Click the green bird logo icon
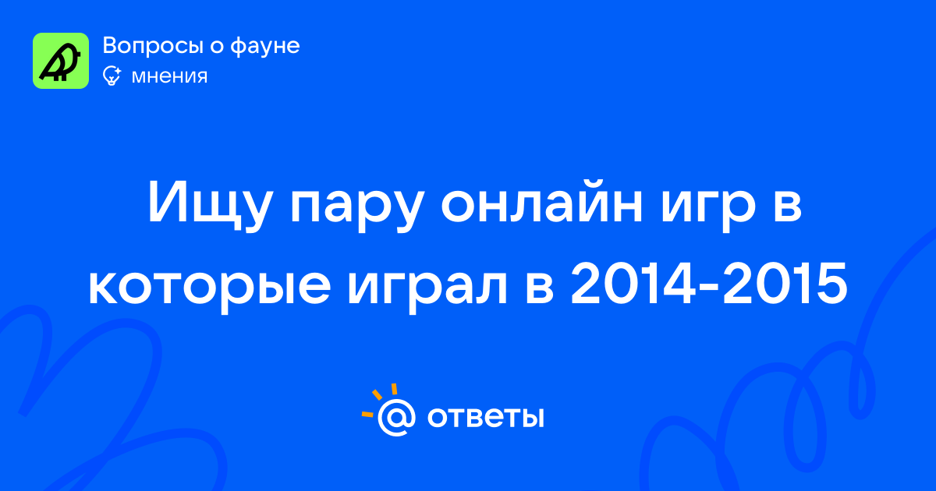(x=61, y=61)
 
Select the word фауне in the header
(x=265, y=45)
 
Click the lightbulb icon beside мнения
(x=112, y=76)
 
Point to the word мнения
(x=170, y=76)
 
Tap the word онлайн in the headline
(x=542, y=202)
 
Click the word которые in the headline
(x=209, y=288)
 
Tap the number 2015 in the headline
(x=785, y=284)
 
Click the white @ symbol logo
(x=396, y=417)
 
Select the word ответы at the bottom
(x=485, y=417)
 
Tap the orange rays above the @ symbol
(x=379, y=400)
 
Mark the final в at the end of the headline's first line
(x=788, y=207)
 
